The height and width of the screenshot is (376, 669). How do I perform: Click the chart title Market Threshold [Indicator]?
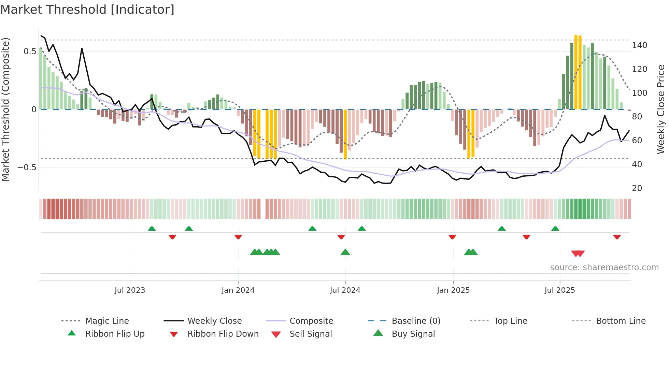click(x=87, y=10)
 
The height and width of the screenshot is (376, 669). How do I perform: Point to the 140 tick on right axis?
click(x=639, y=45)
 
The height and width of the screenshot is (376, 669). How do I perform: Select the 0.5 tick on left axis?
click(x=30, y=52)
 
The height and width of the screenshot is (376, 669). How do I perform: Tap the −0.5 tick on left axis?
click(x=27, y=168)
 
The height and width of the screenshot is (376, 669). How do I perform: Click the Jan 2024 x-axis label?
click(x=238, y=290)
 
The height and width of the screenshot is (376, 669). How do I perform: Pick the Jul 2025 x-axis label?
click(x=559, y=290)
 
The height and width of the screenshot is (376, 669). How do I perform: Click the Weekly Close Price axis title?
click(x=661, y=109)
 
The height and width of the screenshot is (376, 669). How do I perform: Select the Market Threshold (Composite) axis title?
click(x=5, y=109)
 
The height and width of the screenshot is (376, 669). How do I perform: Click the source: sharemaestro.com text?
click(x=604, y=267)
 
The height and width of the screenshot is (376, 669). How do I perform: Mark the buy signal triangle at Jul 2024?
click(x=345, y=252)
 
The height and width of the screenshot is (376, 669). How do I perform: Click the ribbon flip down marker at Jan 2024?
click(x=238, y=237)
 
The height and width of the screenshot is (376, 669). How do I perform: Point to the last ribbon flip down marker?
click(x=617, y=237)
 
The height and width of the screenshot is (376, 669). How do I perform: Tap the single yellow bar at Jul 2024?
click(x=345, y=134)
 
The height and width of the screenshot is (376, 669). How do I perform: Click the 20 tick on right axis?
click(x=637, y=188)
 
